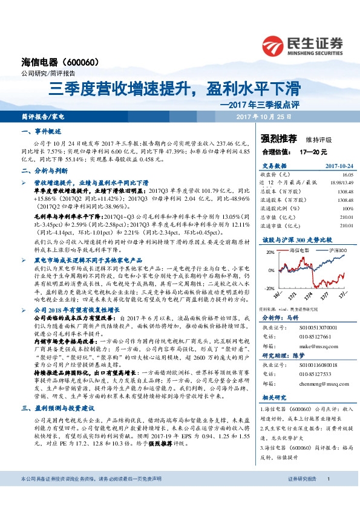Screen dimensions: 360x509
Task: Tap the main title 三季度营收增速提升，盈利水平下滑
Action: coord(174,89)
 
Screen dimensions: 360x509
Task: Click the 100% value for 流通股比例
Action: coord(346,209)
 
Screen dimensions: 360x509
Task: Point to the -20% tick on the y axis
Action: coord(267,288)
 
